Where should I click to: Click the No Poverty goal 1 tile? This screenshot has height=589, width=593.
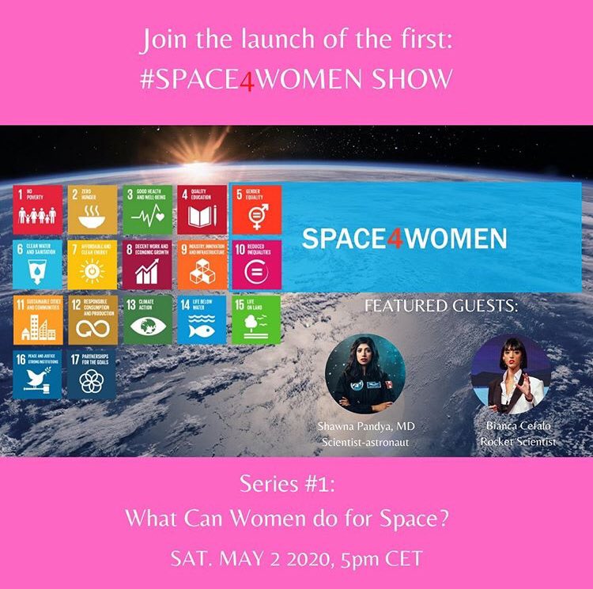tap(37, 210)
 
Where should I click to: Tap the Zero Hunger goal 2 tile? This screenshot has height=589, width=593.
tap(92, 210)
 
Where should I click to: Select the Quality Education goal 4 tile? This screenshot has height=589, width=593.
tap(202, 210)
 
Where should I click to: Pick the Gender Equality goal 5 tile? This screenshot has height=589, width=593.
tap(256, 210)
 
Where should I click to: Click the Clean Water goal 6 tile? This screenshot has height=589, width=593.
tap(37, 264)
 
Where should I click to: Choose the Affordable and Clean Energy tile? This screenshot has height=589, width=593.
tap(92, 264)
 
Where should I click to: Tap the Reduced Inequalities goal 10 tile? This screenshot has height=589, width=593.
tap(256, 264)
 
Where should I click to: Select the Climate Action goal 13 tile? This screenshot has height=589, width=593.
tap(147, 319)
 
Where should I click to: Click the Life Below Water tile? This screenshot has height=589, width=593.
tap(202, 319)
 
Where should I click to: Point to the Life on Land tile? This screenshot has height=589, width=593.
tap(256, 319)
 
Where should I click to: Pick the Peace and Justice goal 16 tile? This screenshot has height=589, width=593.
tap(37, 374)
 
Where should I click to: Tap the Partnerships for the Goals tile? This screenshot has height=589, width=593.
tap(92, 374)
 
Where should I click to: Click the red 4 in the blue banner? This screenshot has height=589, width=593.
tap(395, 237)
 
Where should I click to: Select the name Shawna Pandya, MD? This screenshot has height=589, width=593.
tap(365, 427)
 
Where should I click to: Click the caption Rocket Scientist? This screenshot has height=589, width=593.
tap(518, 441)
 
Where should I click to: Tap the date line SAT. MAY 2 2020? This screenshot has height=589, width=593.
tap(255, 558)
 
